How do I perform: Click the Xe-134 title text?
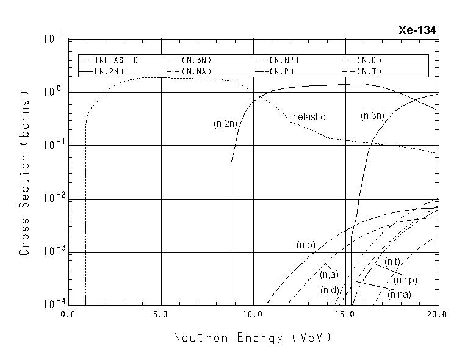coord(417,31)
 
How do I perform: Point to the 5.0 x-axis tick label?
coord(160,315)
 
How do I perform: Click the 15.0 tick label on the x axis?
coord(345,315)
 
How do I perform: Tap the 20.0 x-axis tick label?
coord(437,315)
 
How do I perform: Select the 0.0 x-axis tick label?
coord(68,315)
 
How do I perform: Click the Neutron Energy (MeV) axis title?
coord(253,337)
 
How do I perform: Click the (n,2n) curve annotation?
coord(225,124)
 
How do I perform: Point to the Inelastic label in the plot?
coord(308,117)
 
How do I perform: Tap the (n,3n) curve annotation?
coord(373,115)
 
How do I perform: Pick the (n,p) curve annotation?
coord(306,245)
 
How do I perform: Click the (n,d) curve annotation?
coord(330,290)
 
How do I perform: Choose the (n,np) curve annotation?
coord(406,280)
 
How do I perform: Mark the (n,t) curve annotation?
coord(392,262)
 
